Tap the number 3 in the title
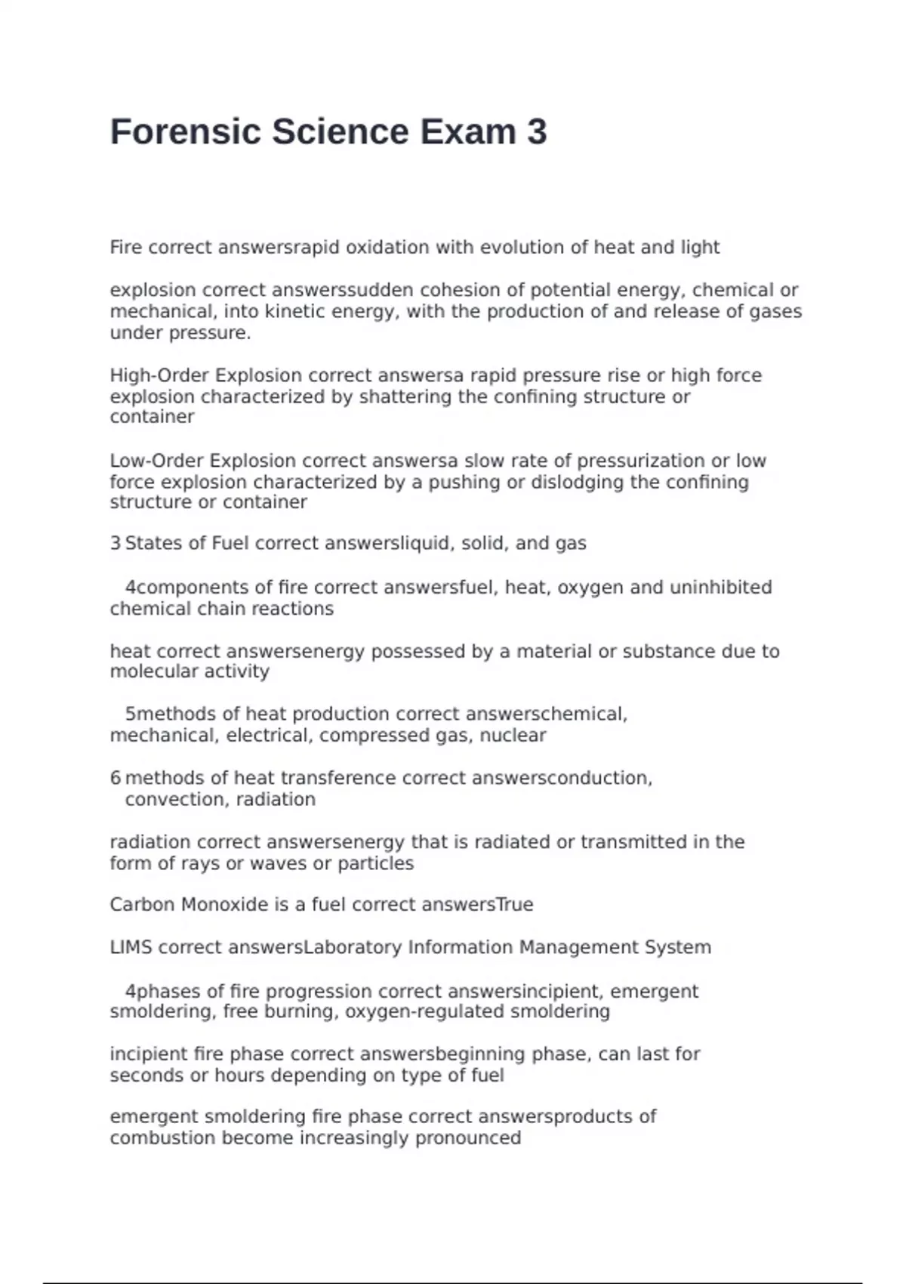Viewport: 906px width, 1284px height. [x=537, y=132]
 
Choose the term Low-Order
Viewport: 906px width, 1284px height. [x=156, y=461]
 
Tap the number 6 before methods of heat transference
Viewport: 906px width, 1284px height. [x=116, y=779]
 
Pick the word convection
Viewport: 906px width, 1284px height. [x=165, y=800]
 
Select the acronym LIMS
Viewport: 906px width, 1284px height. [x=131, y=948]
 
